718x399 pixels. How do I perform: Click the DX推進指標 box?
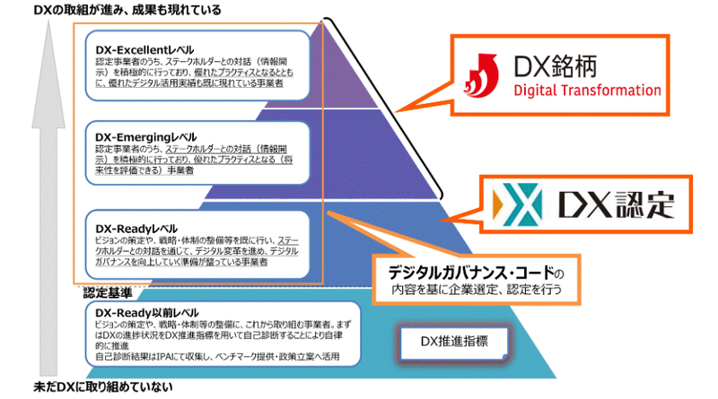[454, 340]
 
